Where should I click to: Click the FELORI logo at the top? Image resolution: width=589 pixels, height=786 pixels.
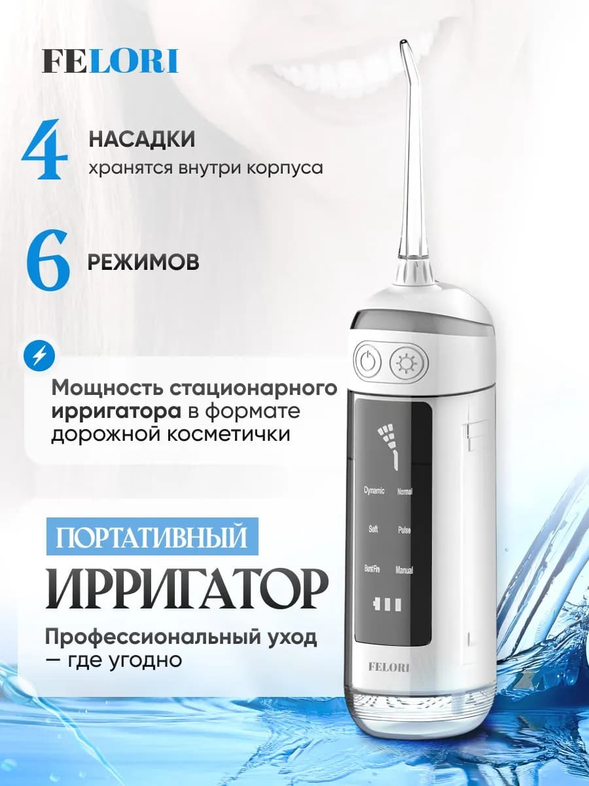click(x=110, y=61)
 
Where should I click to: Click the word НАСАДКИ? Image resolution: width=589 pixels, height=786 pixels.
click(x=142, y=140)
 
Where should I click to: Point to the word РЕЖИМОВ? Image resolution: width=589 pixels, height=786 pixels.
click(x=144, y=261)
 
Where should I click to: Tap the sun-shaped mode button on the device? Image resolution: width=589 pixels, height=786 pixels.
click(x=408, y=361)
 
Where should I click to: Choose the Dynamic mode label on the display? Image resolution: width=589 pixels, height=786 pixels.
click(x=374, y=491)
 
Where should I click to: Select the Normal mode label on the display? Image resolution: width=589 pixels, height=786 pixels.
click(x=404, y=492)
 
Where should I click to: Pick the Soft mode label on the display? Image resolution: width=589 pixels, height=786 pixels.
click(x=373, y=529)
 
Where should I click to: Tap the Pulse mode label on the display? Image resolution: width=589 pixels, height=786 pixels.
click(x=404, y=530)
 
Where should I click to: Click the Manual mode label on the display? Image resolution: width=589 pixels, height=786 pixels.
click(x=404, y=571)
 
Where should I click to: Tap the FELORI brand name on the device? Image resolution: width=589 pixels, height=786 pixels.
click(x=389, y=667)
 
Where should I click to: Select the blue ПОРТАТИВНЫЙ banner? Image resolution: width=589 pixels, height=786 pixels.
click(x=152, y=538)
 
